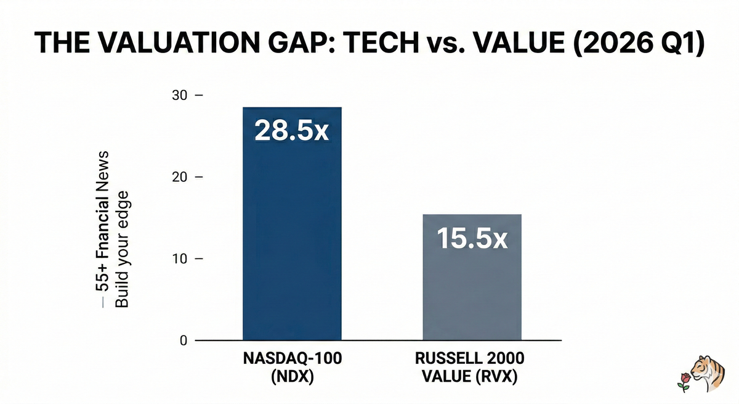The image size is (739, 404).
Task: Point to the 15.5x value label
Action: [472, 238]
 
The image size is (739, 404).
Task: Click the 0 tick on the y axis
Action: [183, 340]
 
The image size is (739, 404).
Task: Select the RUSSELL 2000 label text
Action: [472, 360]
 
